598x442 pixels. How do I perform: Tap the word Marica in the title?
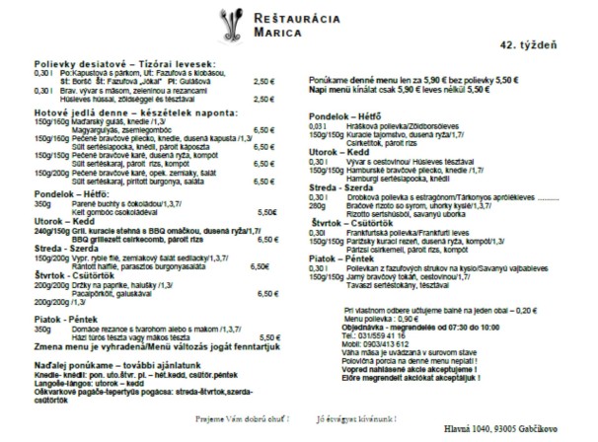[267, 33]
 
